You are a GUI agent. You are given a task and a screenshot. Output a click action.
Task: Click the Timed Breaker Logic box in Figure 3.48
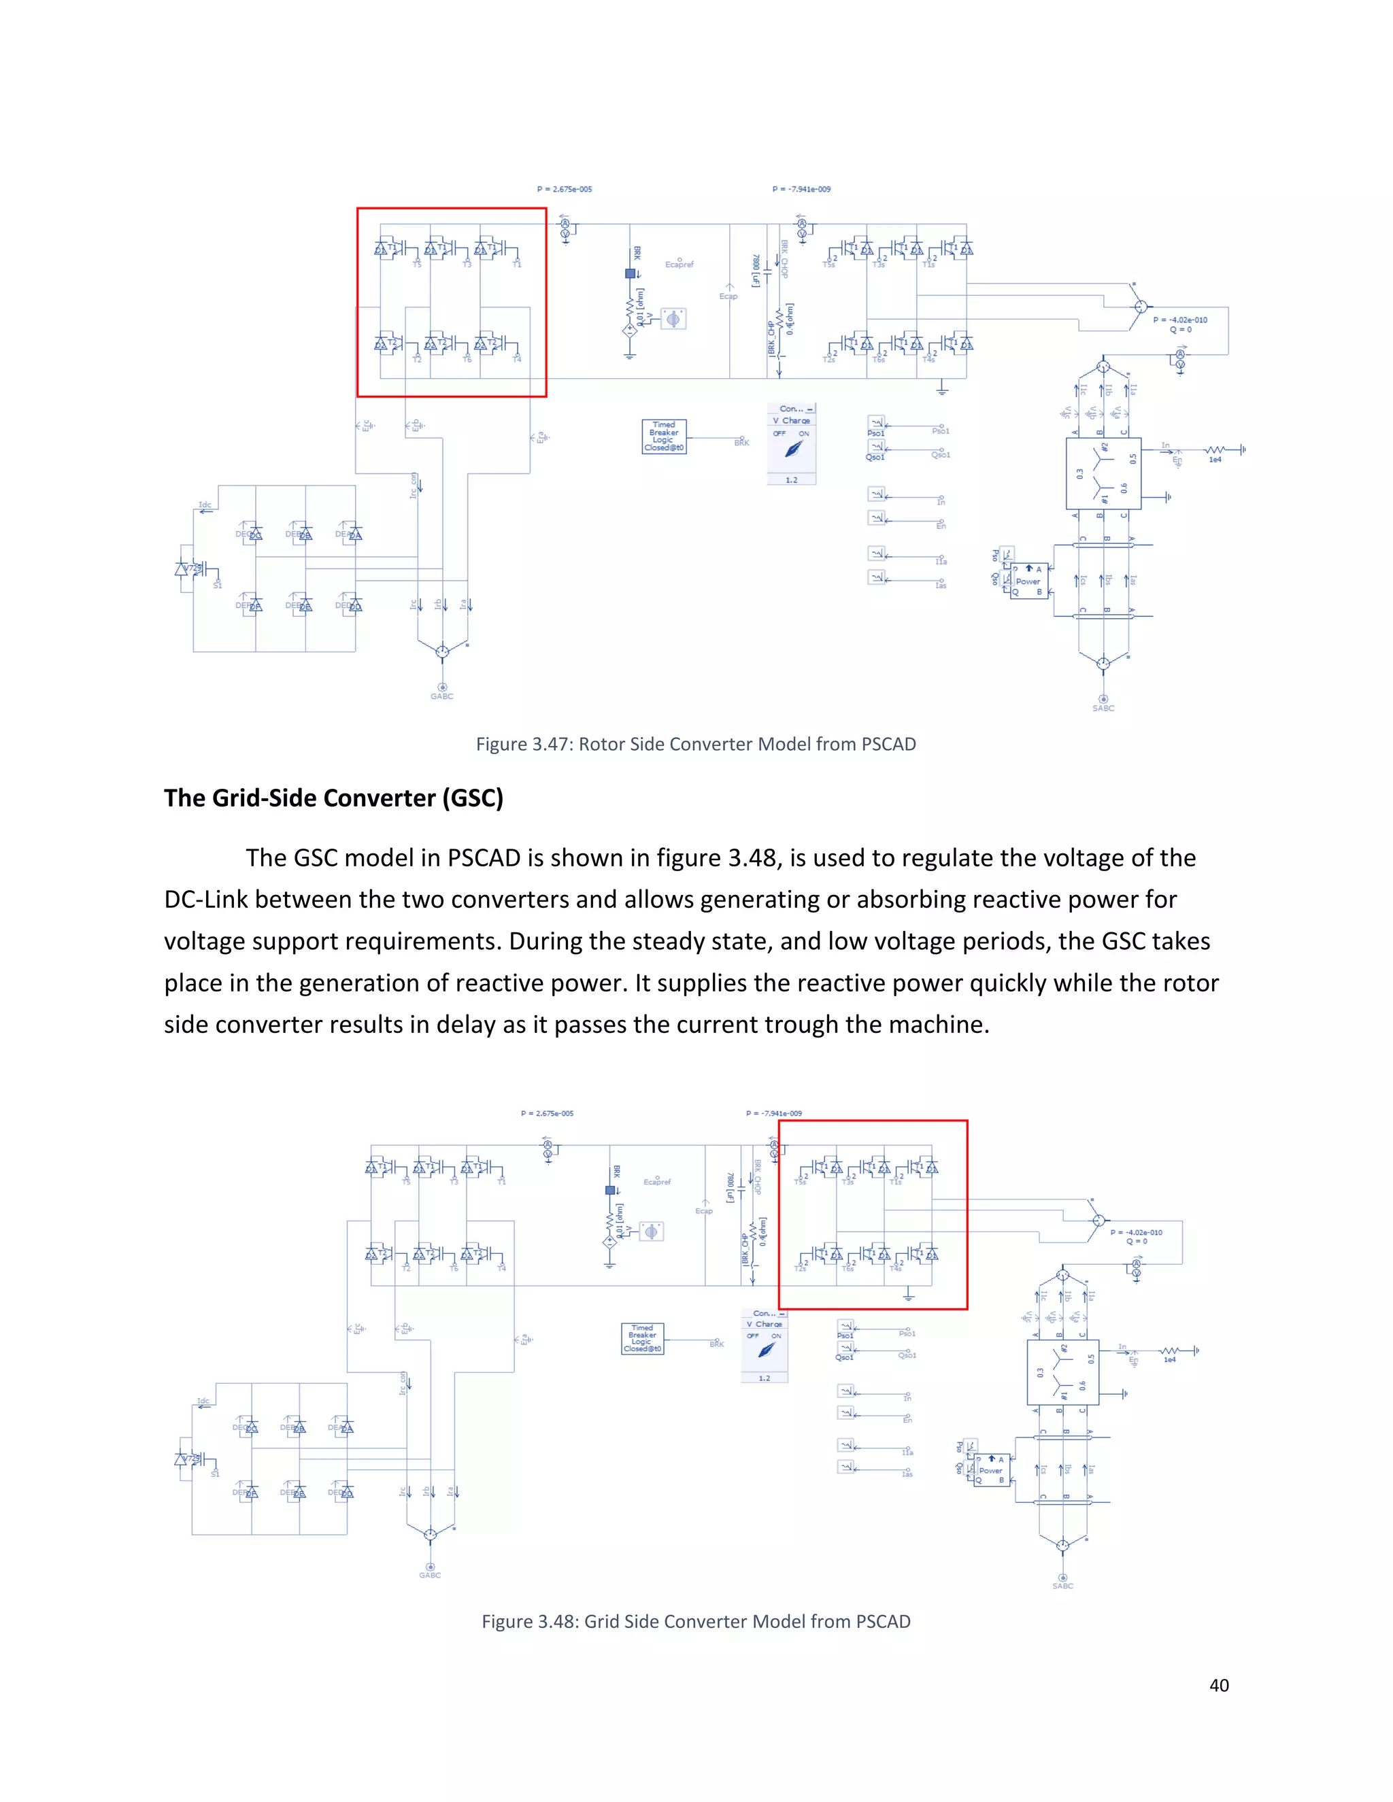(x=642, y=1338)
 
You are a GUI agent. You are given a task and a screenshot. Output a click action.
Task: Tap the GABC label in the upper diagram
(x=441, y=696)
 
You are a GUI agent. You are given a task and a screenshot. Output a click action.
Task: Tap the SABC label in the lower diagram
(x=1063, y=1586)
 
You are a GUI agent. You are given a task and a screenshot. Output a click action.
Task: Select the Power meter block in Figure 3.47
(x=1028, y=581)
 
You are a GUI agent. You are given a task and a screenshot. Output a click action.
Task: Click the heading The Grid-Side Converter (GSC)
(x=333, y=798)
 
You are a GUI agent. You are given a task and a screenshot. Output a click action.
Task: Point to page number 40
(x=1219, y=1685)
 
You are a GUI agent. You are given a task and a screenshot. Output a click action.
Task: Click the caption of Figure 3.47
(x=696, y=744)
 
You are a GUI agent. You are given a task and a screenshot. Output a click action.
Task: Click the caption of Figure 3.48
(x=696, y=1621)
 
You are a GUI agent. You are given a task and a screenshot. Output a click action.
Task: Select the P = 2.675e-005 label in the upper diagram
(x=565, y=189)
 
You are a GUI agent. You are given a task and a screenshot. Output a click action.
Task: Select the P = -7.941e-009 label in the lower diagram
(x=773, y=1113)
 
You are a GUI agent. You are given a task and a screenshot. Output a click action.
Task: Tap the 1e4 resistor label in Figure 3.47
(x=1215, y=460)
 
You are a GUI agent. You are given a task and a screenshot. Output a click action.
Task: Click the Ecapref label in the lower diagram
(x=657, y=1182)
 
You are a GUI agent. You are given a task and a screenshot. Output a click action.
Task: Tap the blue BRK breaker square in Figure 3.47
(x=631, y=273)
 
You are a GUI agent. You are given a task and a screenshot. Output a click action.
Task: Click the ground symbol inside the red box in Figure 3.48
(x=908, y=1297)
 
